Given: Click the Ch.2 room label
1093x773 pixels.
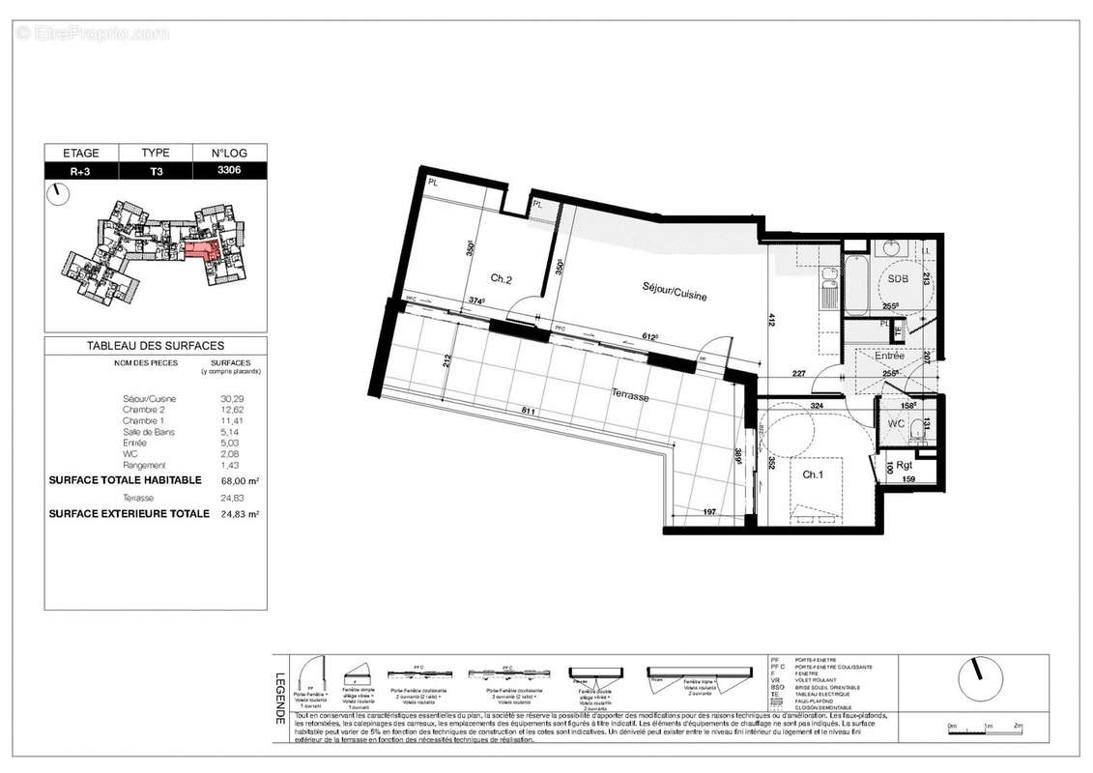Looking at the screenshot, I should (500, 279).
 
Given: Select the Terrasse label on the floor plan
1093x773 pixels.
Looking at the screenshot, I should (628, 396).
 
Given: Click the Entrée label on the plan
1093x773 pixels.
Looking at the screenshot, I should (889, 356).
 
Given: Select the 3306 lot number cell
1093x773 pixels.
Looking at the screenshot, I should (230, 171).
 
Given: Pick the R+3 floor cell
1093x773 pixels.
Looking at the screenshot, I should (81, 171).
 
